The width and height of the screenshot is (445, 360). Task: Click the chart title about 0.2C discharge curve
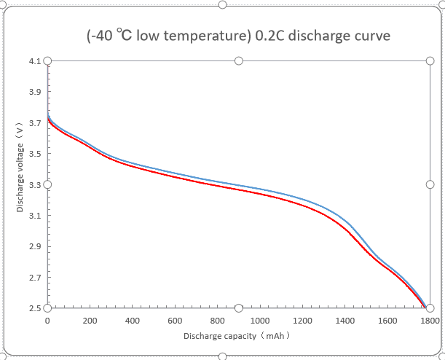point(238,36)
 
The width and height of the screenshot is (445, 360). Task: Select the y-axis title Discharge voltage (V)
point(20,168)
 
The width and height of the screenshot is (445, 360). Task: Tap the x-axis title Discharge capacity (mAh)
point(237,337)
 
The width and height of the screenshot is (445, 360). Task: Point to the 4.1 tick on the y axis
point(35,61)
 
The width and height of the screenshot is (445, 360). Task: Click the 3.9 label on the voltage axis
point(35,92)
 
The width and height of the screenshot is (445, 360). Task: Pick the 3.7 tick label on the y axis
point(35,123)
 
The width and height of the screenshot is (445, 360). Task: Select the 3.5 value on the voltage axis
point(35,154)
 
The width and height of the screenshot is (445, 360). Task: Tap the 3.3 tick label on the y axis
point(35,184)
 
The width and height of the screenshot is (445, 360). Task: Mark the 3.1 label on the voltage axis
point(35,216)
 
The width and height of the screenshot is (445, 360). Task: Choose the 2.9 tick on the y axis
point(35,246)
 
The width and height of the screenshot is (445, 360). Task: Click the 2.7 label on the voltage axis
point(35,278)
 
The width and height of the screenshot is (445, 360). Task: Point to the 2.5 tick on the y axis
point(35,308)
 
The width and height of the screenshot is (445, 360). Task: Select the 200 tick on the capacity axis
point(90,321)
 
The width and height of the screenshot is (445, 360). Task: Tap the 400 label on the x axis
point(133,321)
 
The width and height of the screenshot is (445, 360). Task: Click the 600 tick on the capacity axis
point(175,321)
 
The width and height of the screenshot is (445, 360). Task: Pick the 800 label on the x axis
point(217,321)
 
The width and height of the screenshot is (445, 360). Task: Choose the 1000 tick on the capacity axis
point(260,321)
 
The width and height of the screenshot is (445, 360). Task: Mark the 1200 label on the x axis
point(302,321)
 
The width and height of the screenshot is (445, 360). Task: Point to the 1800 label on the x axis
point(430,321)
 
